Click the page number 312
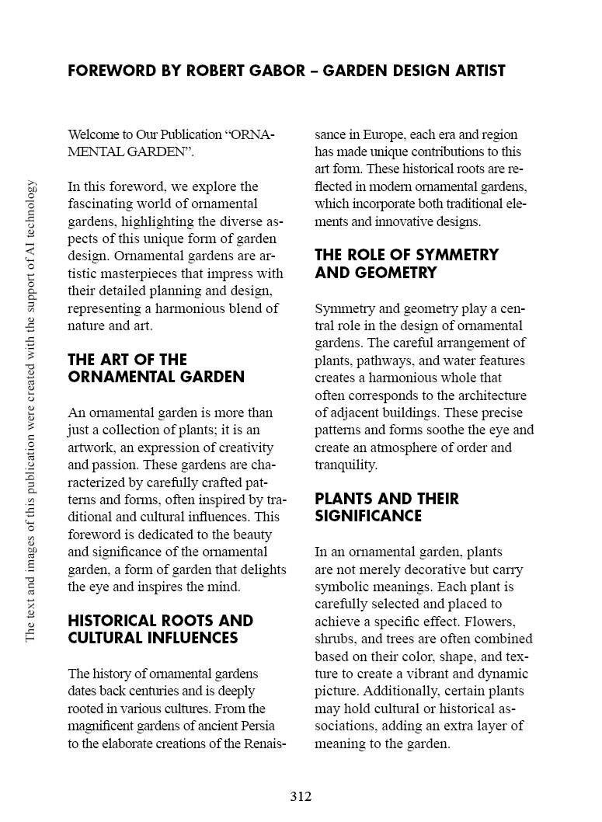click(301, 796)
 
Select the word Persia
click(243, 726)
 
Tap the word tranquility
click(346, 465)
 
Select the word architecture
click(490, 395)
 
